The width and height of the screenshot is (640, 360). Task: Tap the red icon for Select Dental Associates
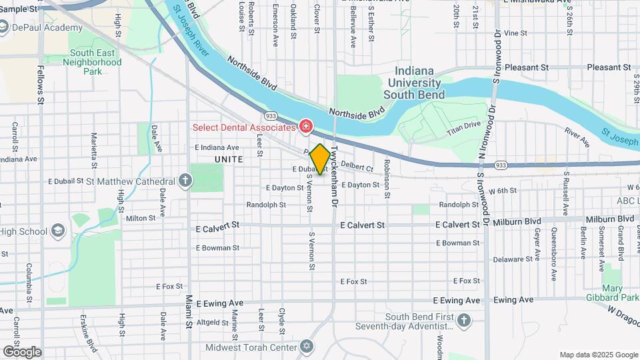[x=305, y=126]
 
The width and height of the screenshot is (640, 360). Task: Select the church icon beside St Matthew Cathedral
[x=185, y=181]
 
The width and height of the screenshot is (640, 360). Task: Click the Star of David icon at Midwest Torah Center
[x=307, y=347]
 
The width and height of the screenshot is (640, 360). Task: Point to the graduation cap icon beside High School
[x=58, y=231]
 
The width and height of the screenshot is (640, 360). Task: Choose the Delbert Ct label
[x=357, y=165]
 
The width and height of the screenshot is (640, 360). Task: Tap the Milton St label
[x=141, y=217]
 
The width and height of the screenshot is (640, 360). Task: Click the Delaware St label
[x=512, y=259]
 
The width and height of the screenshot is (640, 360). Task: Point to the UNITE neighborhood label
[x=229, y=160]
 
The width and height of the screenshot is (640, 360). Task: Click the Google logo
[x=22, y=351]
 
